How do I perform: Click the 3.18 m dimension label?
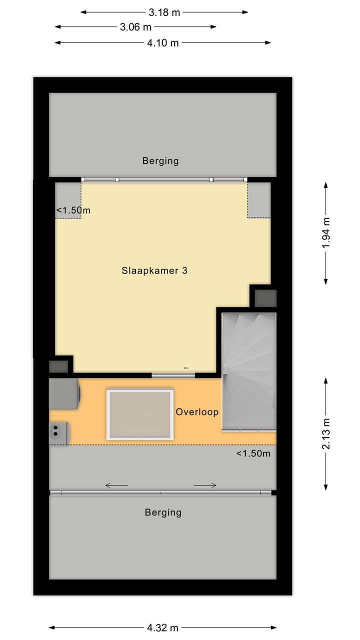point(164,12)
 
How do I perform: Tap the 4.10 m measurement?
point(162,43)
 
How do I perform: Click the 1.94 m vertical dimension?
point(326,233)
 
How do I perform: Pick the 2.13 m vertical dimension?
point(326,433)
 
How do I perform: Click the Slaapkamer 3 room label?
point(154,270)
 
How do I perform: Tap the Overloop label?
point(197,412)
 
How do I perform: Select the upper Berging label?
point(160,161)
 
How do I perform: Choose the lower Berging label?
point(163,512)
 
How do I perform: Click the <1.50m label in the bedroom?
point(73,210)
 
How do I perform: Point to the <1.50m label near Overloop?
point(253,454)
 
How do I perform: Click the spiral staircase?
point(248,370)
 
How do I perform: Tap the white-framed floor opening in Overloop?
point(140,414)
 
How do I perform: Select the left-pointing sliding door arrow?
point(116,485)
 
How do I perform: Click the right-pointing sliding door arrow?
point(205,485)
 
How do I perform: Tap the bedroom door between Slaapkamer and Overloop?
point(173,375)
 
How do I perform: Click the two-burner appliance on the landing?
point(58,433)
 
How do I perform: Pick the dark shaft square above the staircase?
point(265,298)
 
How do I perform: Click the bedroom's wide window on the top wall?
point(164,179)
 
